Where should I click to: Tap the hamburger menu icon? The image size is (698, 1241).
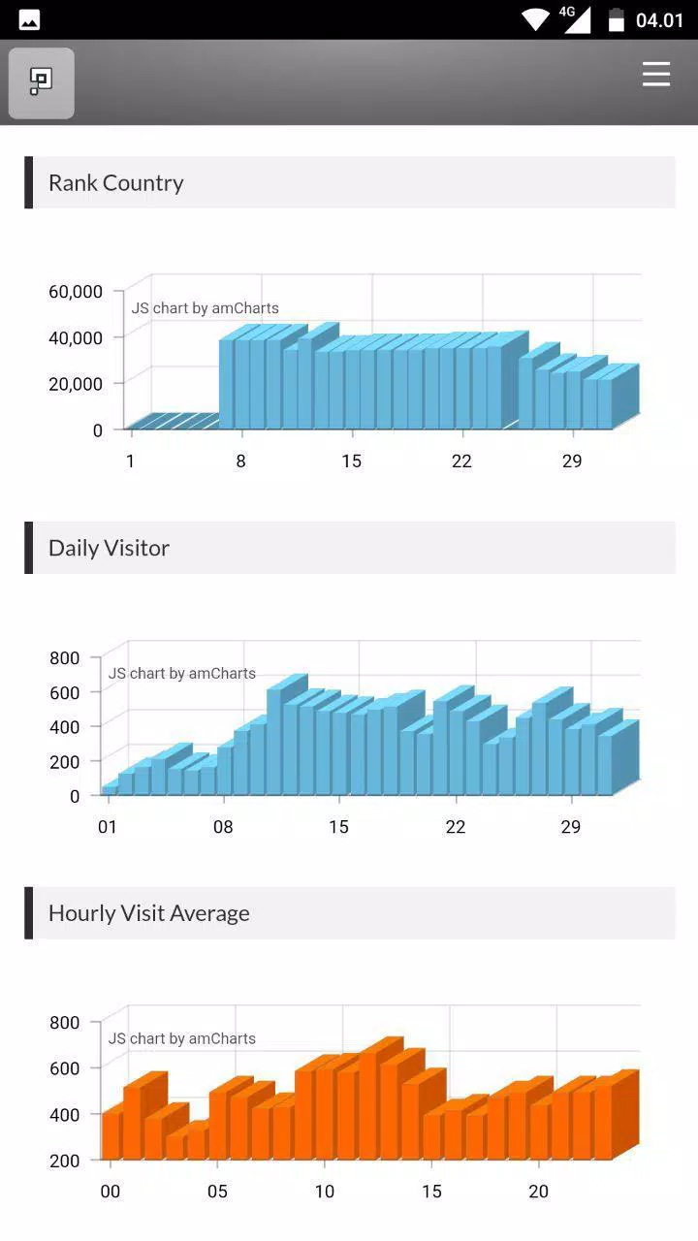[656, 75]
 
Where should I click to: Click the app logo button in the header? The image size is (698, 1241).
[42, 83]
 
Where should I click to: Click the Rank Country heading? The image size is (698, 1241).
[115, 183]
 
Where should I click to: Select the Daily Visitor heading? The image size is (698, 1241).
[110, 548]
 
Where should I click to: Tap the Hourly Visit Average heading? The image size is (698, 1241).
[149, 913]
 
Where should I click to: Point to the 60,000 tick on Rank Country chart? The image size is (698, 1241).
[76, 292]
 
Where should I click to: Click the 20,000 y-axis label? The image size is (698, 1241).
[76, 384]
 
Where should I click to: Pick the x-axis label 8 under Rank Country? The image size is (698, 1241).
[241, 461]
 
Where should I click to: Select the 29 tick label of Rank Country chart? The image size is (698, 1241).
[572, 461]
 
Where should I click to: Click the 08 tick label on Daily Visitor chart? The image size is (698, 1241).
[223, 827]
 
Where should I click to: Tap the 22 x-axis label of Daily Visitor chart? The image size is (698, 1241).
[456, 827]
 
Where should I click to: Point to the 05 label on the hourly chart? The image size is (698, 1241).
[217, 1192]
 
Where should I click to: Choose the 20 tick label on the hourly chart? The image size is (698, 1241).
[538, 1192]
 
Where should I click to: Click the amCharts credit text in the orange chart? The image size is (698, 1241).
[181, 1038]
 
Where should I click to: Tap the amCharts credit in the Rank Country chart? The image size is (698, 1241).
[205, 308]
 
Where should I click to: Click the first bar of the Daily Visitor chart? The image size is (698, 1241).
[110, 789]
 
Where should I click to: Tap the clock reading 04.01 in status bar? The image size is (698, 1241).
[659, 20]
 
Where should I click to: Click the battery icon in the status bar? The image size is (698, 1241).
[616, 20]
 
